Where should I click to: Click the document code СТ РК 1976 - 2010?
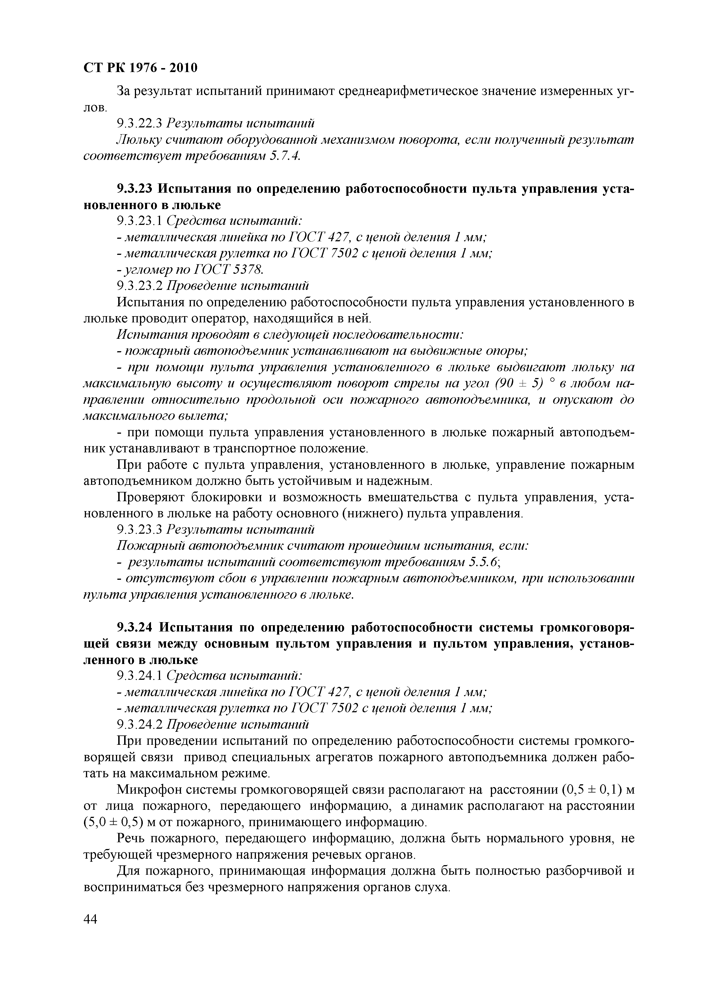point(140,68)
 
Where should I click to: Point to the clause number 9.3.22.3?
point(139,123)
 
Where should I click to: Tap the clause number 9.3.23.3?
point(139,529)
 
